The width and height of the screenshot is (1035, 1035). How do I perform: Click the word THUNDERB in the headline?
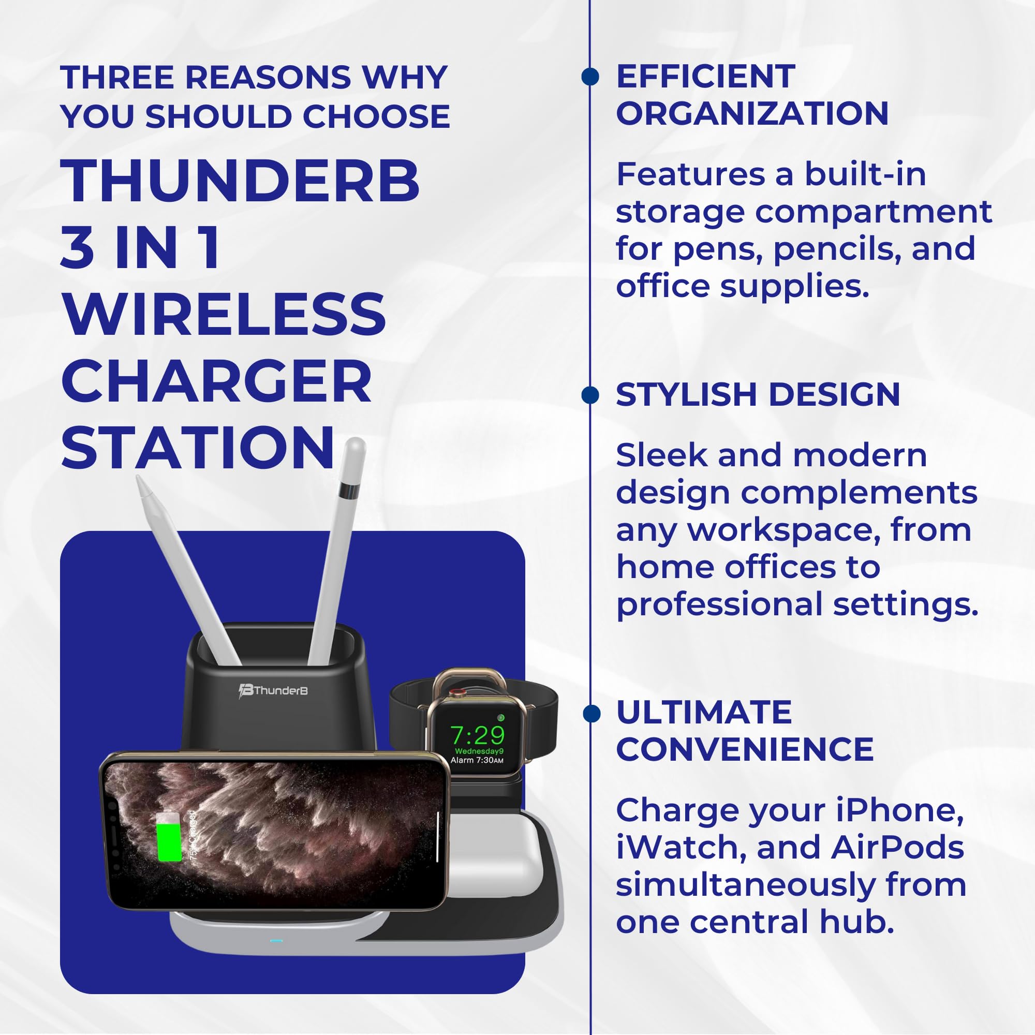[x=240, y=181]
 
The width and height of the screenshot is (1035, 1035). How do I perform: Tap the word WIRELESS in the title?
[x=224, y=315]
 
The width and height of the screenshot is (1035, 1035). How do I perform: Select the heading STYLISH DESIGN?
[x=758, y=395]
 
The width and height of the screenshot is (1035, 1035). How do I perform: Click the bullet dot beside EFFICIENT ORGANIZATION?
[x=590, y=77]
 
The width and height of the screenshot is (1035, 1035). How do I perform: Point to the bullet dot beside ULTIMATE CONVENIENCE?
[x=591, y=714]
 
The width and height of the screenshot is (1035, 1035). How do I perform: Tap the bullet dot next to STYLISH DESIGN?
[x=590, y=395]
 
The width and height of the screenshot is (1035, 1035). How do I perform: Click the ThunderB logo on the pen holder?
[x=273, y=690]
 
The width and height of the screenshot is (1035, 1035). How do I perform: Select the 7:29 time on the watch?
[x=477, y=735]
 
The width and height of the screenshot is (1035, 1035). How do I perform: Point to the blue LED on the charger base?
[x=276, y=941]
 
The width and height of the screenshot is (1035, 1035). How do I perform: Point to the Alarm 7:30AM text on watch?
[x=477, y=760]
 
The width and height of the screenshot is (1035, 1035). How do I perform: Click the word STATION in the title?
[x=198, y=448]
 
